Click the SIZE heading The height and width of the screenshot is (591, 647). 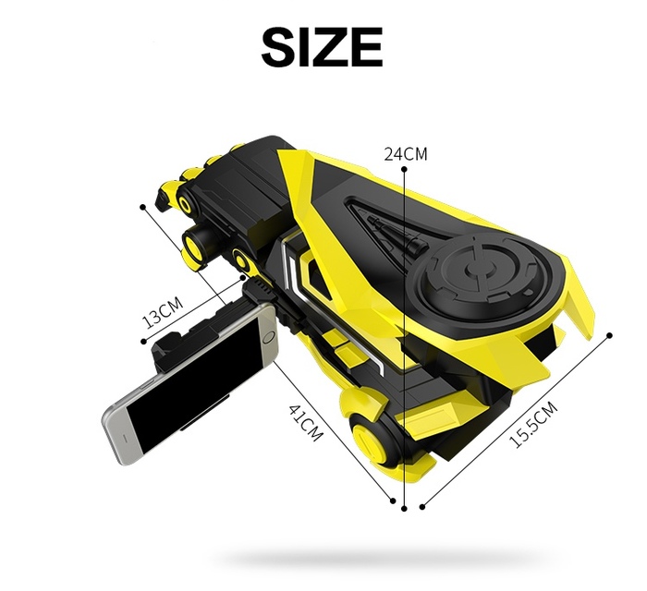[x=322, y=46]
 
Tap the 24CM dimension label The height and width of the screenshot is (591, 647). [x=406, y=153]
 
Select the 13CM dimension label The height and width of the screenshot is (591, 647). [x=163, y=312]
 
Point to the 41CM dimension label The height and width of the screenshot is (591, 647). [x=304, y=423]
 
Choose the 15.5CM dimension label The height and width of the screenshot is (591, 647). [x=533, y=424]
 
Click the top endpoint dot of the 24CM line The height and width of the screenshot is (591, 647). [x=404, y=169]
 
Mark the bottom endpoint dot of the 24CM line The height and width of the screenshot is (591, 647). [x=404, y=509]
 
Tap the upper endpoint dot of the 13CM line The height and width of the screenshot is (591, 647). [x=143, y=207]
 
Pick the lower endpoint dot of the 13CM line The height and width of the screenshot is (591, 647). [x=143, y=341]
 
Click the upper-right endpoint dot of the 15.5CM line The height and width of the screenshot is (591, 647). [x=609, y=335]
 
